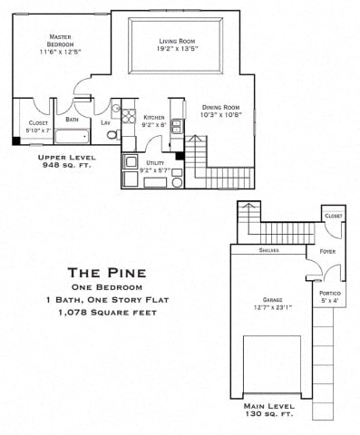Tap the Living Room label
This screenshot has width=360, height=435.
tap(178, 42)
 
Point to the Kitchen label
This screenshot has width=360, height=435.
tap(153, 118)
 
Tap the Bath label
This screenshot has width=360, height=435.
tap(71, 119)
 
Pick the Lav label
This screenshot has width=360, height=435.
tap(105, 122)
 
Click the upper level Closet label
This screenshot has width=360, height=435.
tap(38, 122)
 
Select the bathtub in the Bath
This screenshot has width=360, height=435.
tap(72, 137)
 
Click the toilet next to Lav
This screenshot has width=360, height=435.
tap(112, 136)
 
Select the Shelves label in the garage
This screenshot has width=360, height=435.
tap(268, 250)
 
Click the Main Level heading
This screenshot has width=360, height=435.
tap(268, 407)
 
